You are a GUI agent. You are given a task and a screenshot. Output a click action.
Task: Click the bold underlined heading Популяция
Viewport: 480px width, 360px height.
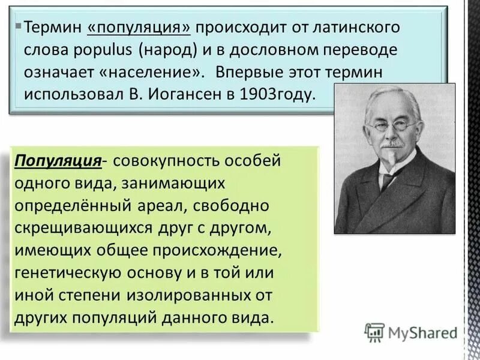[x=58, y=161]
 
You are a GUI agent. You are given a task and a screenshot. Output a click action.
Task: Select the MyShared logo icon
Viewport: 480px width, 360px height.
[x=375, y=331]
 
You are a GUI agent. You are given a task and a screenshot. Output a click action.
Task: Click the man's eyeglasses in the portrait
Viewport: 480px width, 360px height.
[x=392, y=127]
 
